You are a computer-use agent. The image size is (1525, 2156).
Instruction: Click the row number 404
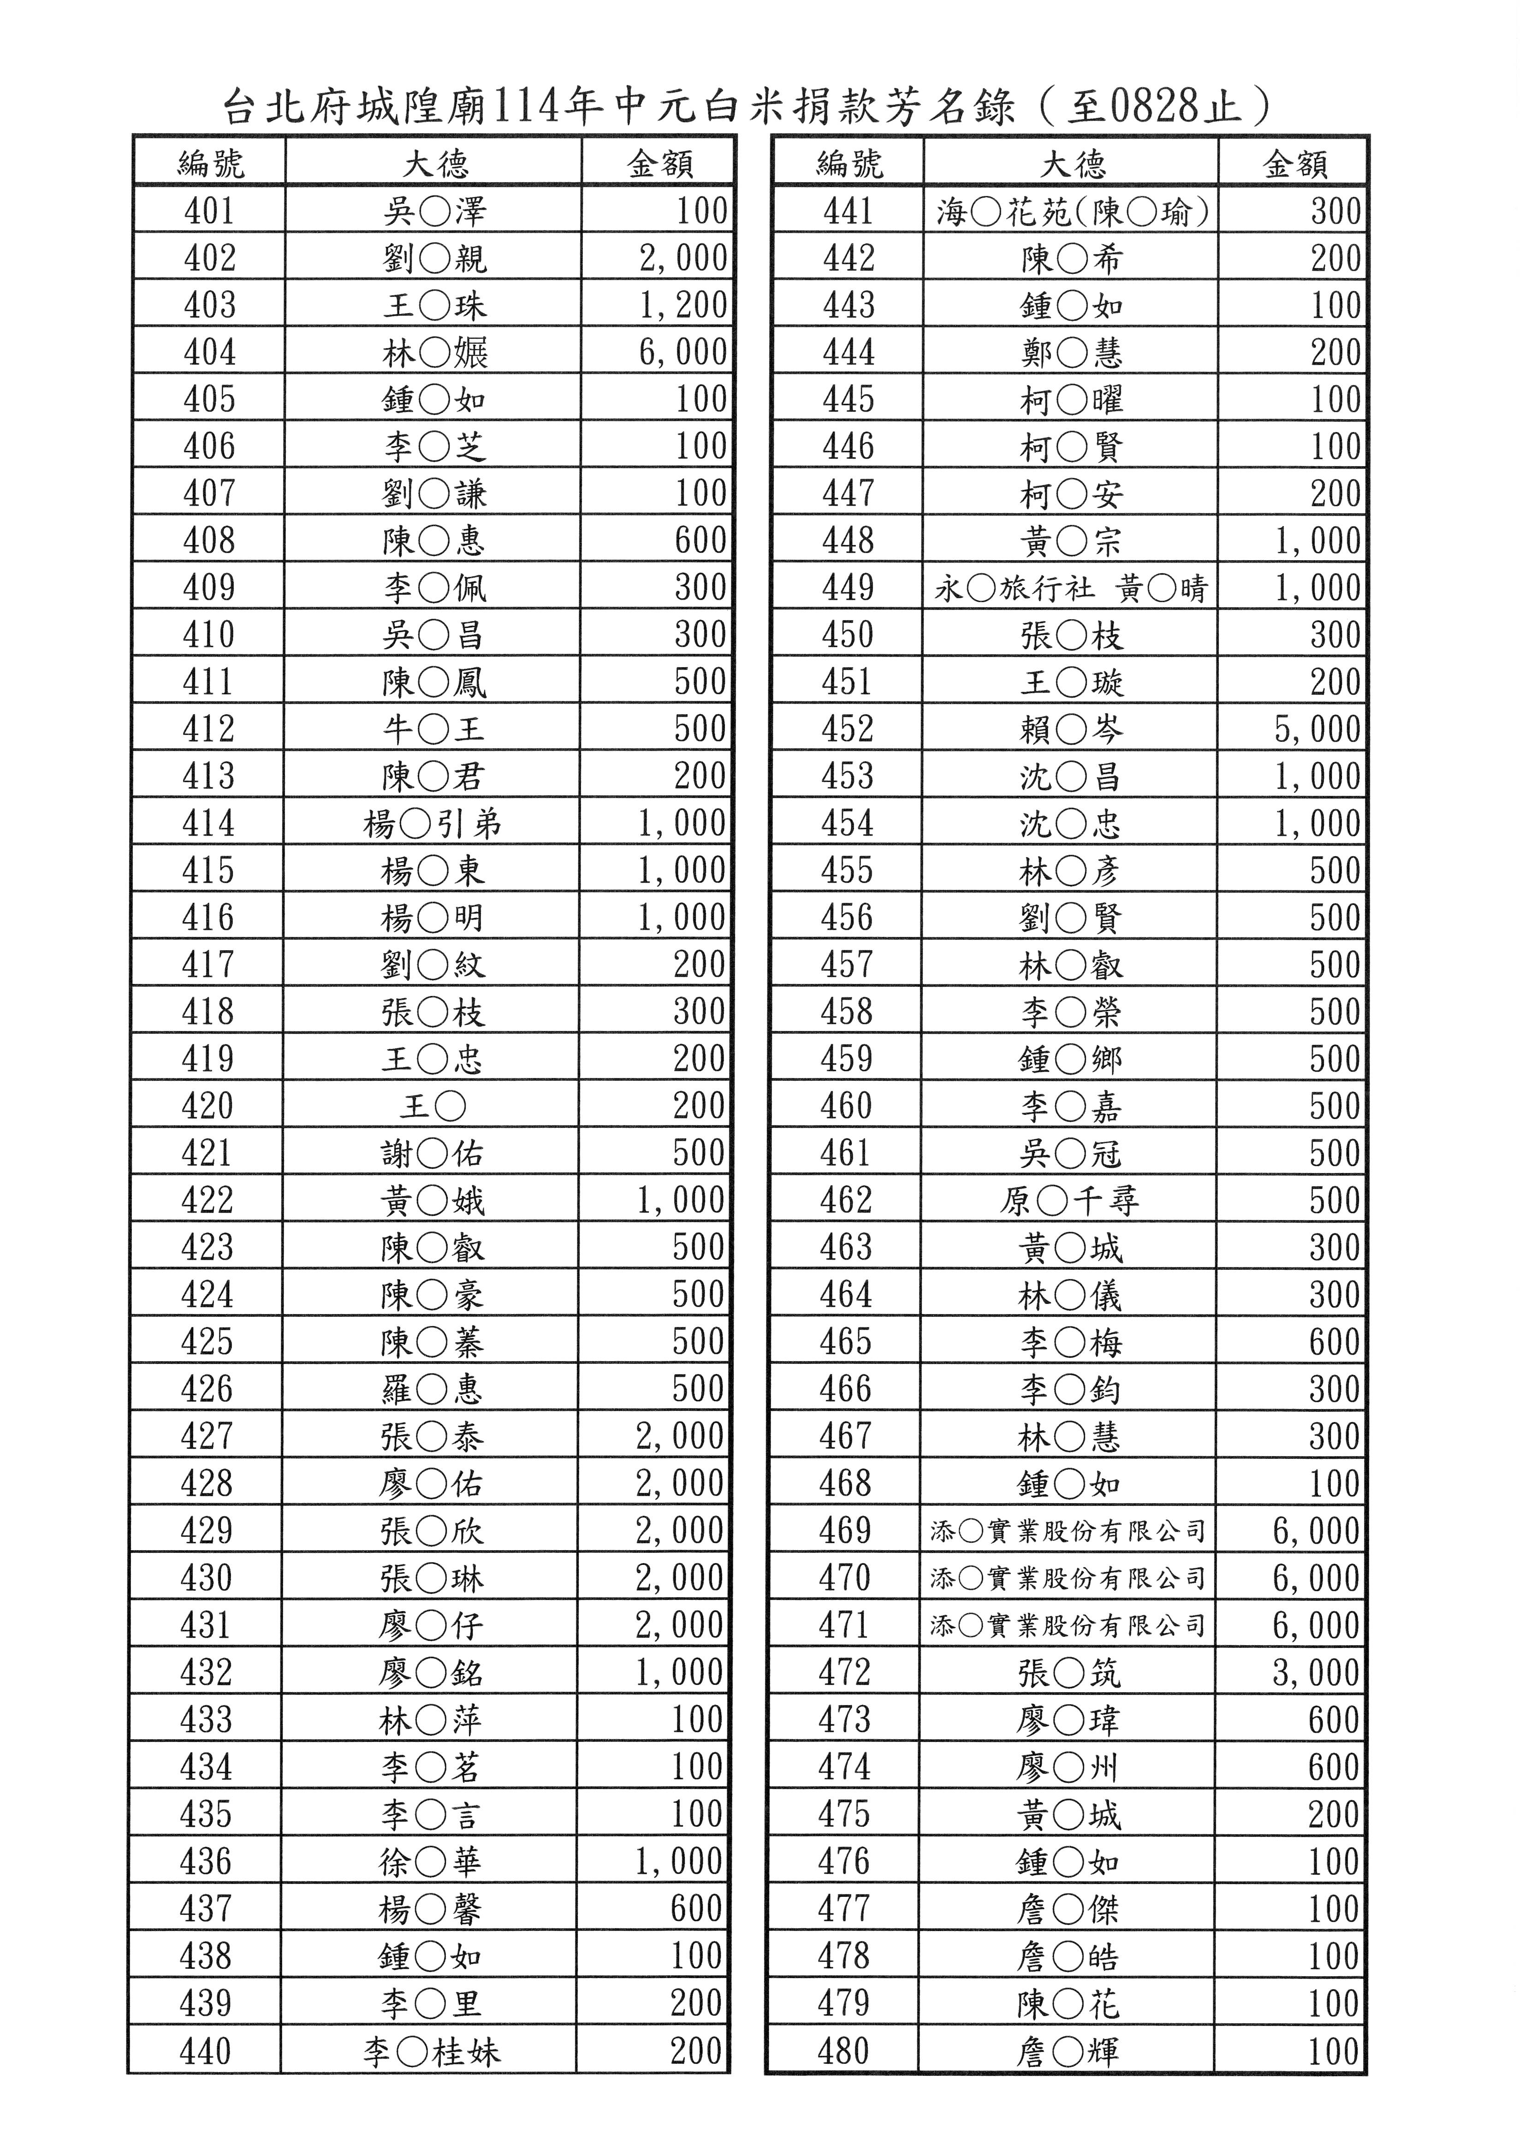[x=209, y=352]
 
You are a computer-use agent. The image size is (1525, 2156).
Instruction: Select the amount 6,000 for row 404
[x=682, y=352]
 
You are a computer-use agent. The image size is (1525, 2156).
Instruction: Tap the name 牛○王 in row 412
[x=433, y=729]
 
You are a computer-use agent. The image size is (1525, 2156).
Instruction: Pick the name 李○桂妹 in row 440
[x=431, y=2051]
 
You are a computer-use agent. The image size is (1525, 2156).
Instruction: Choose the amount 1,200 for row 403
[x=682, y=305]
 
